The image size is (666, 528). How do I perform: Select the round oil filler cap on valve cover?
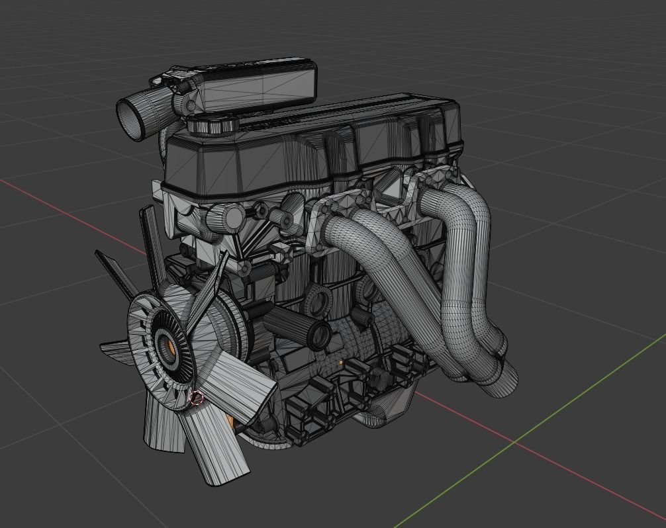click(211, 124)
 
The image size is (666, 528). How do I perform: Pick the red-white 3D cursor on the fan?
click(196, 398)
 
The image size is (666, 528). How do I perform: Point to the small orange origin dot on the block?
click(341, 363)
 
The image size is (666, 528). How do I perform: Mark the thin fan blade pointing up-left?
click(150, 238)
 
